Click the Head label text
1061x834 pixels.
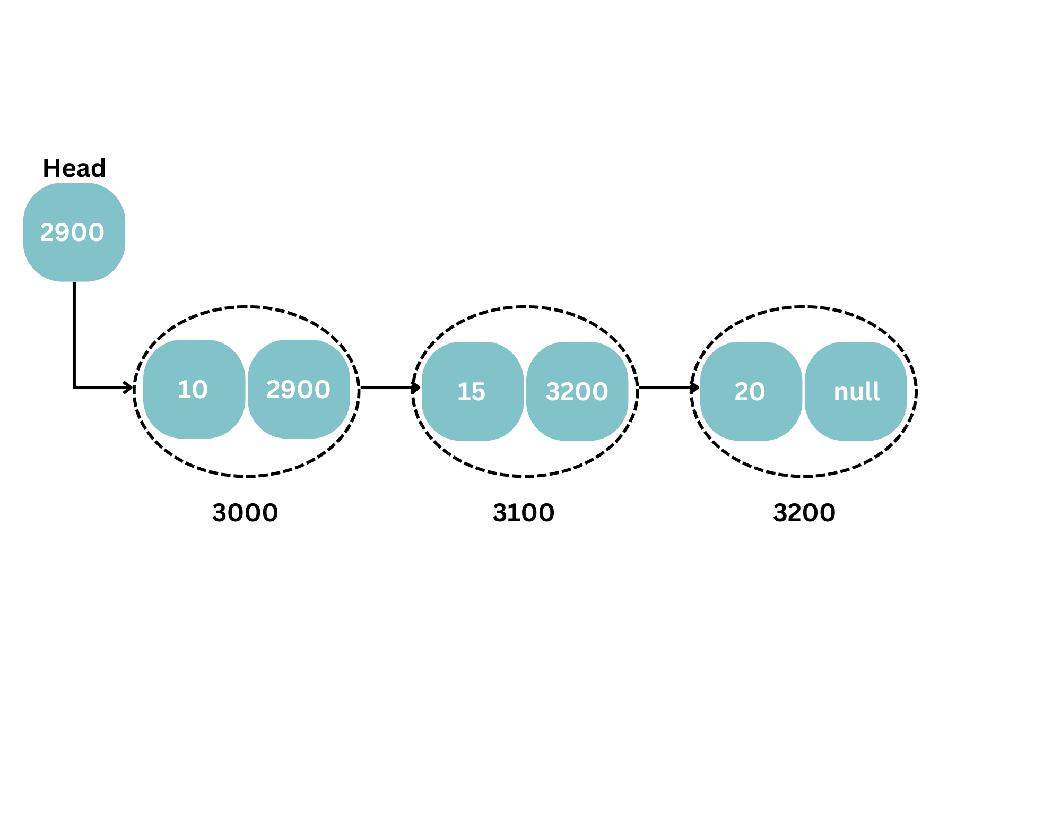point(74,168)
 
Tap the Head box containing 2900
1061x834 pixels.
point(74,232)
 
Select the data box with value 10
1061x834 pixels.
point(194,389)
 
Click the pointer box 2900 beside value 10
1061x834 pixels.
point(299,389)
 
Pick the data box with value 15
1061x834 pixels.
point(473,391)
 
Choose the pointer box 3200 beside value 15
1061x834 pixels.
point(577,391)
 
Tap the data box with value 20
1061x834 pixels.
point(751,391)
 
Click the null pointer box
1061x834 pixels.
point(856,391)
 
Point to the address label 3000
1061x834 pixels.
point(245,513)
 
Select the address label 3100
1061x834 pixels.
point(524,513)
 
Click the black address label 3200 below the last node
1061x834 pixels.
point(804,513)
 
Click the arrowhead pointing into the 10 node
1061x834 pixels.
point(129,388)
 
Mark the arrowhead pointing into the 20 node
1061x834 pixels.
point(695,388)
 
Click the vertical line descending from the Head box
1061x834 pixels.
point(74,334)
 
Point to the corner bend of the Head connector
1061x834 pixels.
point(74,388)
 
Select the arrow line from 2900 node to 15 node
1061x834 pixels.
point(390,388)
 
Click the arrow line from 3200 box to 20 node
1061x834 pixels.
point(669,388)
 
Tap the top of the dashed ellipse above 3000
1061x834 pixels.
point(247,307)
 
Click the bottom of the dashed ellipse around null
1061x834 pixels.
point(804,476)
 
